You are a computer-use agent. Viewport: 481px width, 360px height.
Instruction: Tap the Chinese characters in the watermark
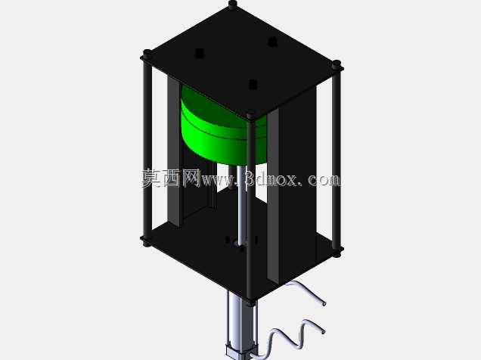coord(171,178)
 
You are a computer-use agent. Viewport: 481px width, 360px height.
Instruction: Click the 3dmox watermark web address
coord(270,179)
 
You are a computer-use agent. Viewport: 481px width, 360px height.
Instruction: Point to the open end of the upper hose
coord(324,303)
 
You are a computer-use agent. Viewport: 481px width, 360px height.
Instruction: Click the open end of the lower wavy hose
coord(323,332)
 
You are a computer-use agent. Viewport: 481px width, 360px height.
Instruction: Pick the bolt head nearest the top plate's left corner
coord(200,53)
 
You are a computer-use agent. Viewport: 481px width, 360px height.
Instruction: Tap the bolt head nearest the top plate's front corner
coord(253,84)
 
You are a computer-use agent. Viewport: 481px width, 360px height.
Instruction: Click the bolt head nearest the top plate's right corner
coord(272,42)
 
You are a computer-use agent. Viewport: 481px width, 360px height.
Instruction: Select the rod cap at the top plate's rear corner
coord(233,3)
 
